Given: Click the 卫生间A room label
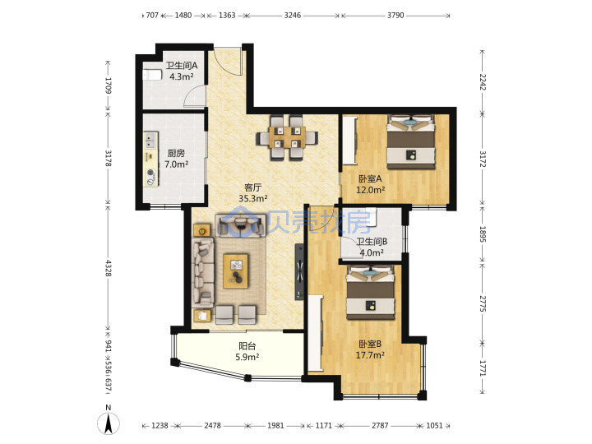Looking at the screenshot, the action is (182, 71).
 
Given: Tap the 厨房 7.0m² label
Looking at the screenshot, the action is (176, 159).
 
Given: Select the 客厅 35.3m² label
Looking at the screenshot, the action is (253, 192).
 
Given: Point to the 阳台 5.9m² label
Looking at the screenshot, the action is (247, 351).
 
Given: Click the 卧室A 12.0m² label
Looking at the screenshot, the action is (370, 184).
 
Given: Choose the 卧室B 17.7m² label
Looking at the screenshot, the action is (370, 349).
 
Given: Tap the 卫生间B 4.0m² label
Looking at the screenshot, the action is (372, 247).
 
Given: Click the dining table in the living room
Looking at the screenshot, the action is (287, 137).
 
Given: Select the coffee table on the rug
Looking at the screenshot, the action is (236, 271).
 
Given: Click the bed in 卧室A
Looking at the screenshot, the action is (411, 141).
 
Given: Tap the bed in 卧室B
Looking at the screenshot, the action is (371, 292).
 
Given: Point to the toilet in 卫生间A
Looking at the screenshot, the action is (152, 75).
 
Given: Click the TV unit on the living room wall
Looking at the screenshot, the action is (299, 272).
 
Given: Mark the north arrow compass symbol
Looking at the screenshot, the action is (109, 421).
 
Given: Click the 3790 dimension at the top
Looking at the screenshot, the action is (395, 16).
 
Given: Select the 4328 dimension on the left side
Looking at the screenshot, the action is (109, 268).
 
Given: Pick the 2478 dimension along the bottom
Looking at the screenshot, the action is (213, 426).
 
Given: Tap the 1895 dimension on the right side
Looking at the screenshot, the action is (483, 234).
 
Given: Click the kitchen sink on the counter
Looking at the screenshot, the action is (150, 141).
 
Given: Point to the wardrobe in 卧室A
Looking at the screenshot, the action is (349, 140).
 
